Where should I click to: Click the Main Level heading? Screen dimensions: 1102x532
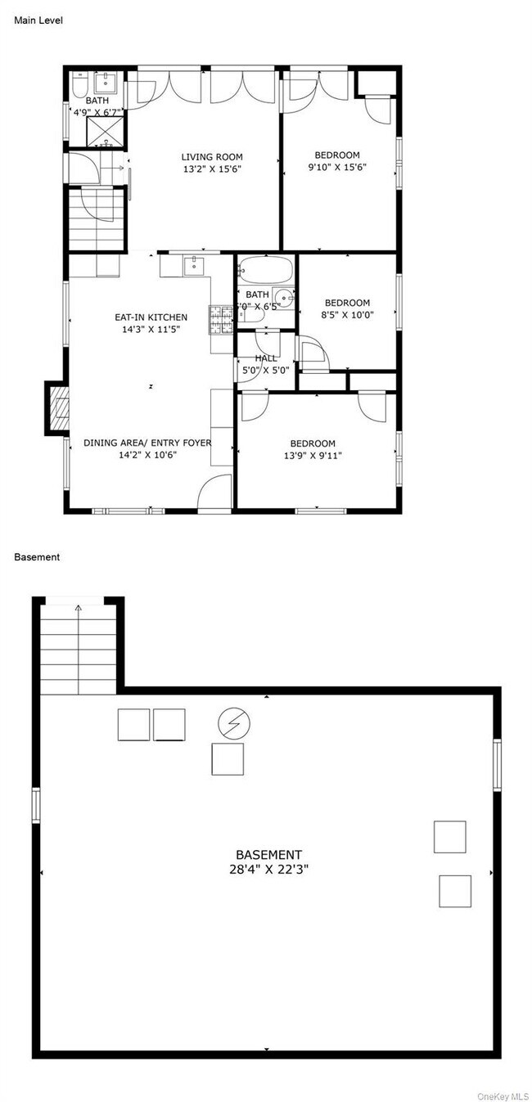(38, 20)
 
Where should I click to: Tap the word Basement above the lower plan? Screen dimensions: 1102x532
(37, 557)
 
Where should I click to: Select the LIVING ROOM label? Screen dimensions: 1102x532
(212, 157)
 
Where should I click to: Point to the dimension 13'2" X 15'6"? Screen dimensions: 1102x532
(212, 169)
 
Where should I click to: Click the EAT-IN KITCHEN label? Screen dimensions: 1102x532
(151, 317)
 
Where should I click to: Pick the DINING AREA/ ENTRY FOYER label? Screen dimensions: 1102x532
(147, 443)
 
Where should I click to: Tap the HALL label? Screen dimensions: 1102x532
(266, 358)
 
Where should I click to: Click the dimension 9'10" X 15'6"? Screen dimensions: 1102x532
(337, 167)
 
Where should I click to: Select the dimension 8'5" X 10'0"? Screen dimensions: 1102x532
(347, 314)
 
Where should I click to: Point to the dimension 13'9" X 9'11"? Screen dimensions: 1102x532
(312, 456)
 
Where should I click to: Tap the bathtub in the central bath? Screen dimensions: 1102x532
(265, 270)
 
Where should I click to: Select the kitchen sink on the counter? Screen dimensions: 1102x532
(193, 264)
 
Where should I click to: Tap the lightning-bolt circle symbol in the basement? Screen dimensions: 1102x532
(234, 723)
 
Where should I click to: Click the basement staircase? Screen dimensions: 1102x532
(79, 650)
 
